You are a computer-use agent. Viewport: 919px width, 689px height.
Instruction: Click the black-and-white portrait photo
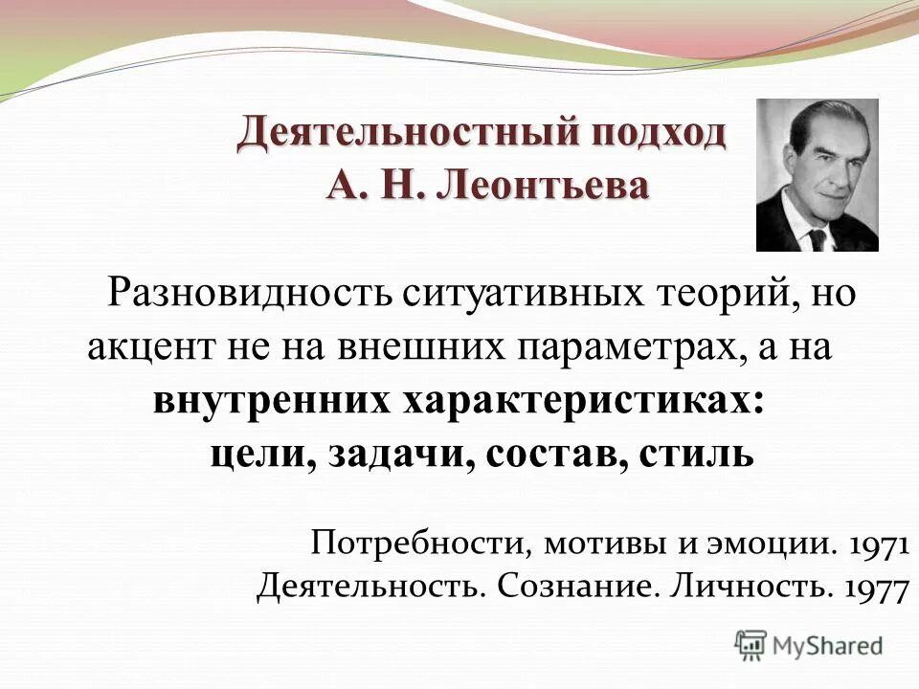[817, 175]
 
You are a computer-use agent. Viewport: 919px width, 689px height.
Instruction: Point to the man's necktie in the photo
[817, 237]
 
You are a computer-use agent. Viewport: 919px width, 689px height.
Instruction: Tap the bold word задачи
[400, 454]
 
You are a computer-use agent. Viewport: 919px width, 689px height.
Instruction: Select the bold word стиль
[697, 454]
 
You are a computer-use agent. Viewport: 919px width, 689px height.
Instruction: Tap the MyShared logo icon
[752, 643]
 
